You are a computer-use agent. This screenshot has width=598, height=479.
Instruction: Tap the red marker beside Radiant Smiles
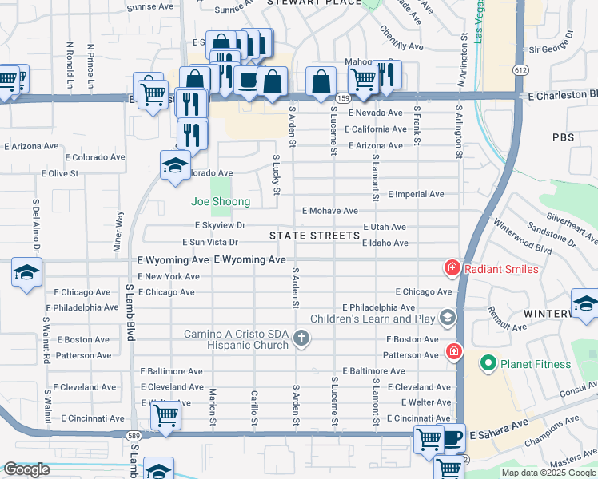(x=452, y=269)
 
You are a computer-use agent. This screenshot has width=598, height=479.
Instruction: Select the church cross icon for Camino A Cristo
(x=301, y=338)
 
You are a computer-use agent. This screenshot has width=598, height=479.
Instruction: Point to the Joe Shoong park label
(x=220, y=202)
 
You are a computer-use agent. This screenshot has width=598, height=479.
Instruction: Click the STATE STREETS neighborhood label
(x=314, y=236)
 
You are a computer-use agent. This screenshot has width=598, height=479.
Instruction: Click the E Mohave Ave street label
(x=329, y=211)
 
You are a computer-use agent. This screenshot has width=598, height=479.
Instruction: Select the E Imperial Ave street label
(x=416, y=194)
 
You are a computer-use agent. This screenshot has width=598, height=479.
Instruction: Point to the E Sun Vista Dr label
(x=210, y=242)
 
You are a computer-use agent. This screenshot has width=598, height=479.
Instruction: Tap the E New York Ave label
(x=169, y=276)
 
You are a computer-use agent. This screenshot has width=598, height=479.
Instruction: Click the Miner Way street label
(x=119, y=232)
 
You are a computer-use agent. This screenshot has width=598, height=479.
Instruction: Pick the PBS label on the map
(x=563, y=137)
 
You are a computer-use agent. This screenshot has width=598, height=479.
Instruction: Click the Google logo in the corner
(x=26, y=469)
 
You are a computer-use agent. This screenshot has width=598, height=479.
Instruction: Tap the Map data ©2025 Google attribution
(x=548, y=473)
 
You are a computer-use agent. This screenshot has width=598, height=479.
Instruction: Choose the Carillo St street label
(x=253, y=407)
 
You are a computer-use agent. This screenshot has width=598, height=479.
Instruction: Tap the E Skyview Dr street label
(x=217, y=226)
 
